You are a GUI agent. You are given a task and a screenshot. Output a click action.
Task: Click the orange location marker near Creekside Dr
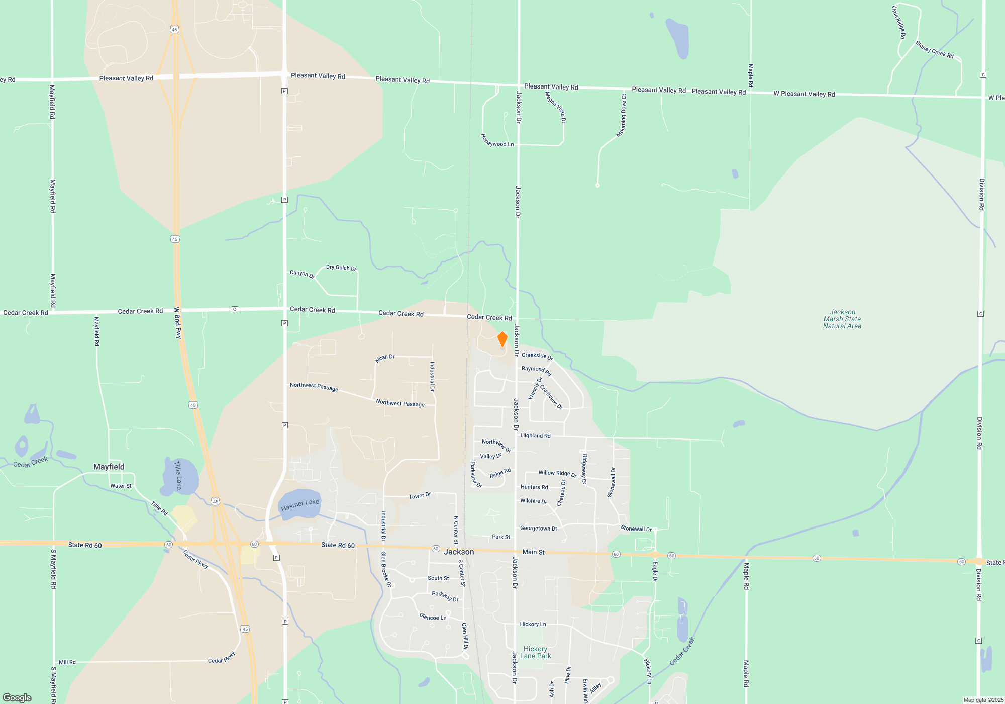(x=502, y=339)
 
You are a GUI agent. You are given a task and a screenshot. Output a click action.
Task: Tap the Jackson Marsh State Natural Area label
(x=842, y=319)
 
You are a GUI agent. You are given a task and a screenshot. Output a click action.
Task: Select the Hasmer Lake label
(x=300, y=504)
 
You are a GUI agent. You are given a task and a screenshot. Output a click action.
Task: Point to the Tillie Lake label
(x=178, y=475)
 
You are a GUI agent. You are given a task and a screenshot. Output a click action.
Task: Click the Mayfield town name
(x=109, y=467)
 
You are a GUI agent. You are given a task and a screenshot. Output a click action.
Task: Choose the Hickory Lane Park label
(x=535, y=652)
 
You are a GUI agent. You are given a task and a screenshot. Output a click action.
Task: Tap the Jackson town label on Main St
(x=459, y=552)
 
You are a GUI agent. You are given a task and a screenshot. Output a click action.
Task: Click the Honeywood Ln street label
(x=497, y=140)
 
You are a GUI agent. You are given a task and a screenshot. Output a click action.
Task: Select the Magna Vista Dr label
(x=556, y=107)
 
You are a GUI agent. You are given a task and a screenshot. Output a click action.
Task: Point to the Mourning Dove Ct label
(x=622, y=115)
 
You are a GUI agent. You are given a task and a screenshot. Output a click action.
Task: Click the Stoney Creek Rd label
(x=934, y=49)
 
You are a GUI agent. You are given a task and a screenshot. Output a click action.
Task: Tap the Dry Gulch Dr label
(x=341, y=268)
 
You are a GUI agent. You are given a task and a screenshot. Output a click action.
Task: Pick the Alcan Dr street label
(x=385, y=358)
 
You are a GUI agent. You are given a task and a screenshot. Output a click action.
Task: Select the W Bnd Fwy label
(x=177, y=323)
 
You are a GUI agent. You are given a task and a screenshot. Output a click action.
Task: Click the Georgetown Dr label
(x=539, y=529)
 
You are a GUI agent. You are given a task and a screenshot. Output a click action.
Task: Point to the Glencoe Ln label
(x=433, y=617)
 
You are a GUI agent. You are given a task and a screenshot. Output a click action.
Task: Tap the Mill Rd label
(x=67, y=662)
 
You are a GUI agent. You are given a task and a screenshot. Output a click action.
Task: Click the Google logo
(x=17, y=697)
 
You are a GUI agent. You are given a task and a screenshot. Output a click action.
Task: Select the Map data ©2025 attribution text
(x=983, y=700)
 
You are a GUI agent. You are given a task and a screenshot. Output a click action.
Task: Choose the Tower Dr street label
(x=420, y=496)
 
